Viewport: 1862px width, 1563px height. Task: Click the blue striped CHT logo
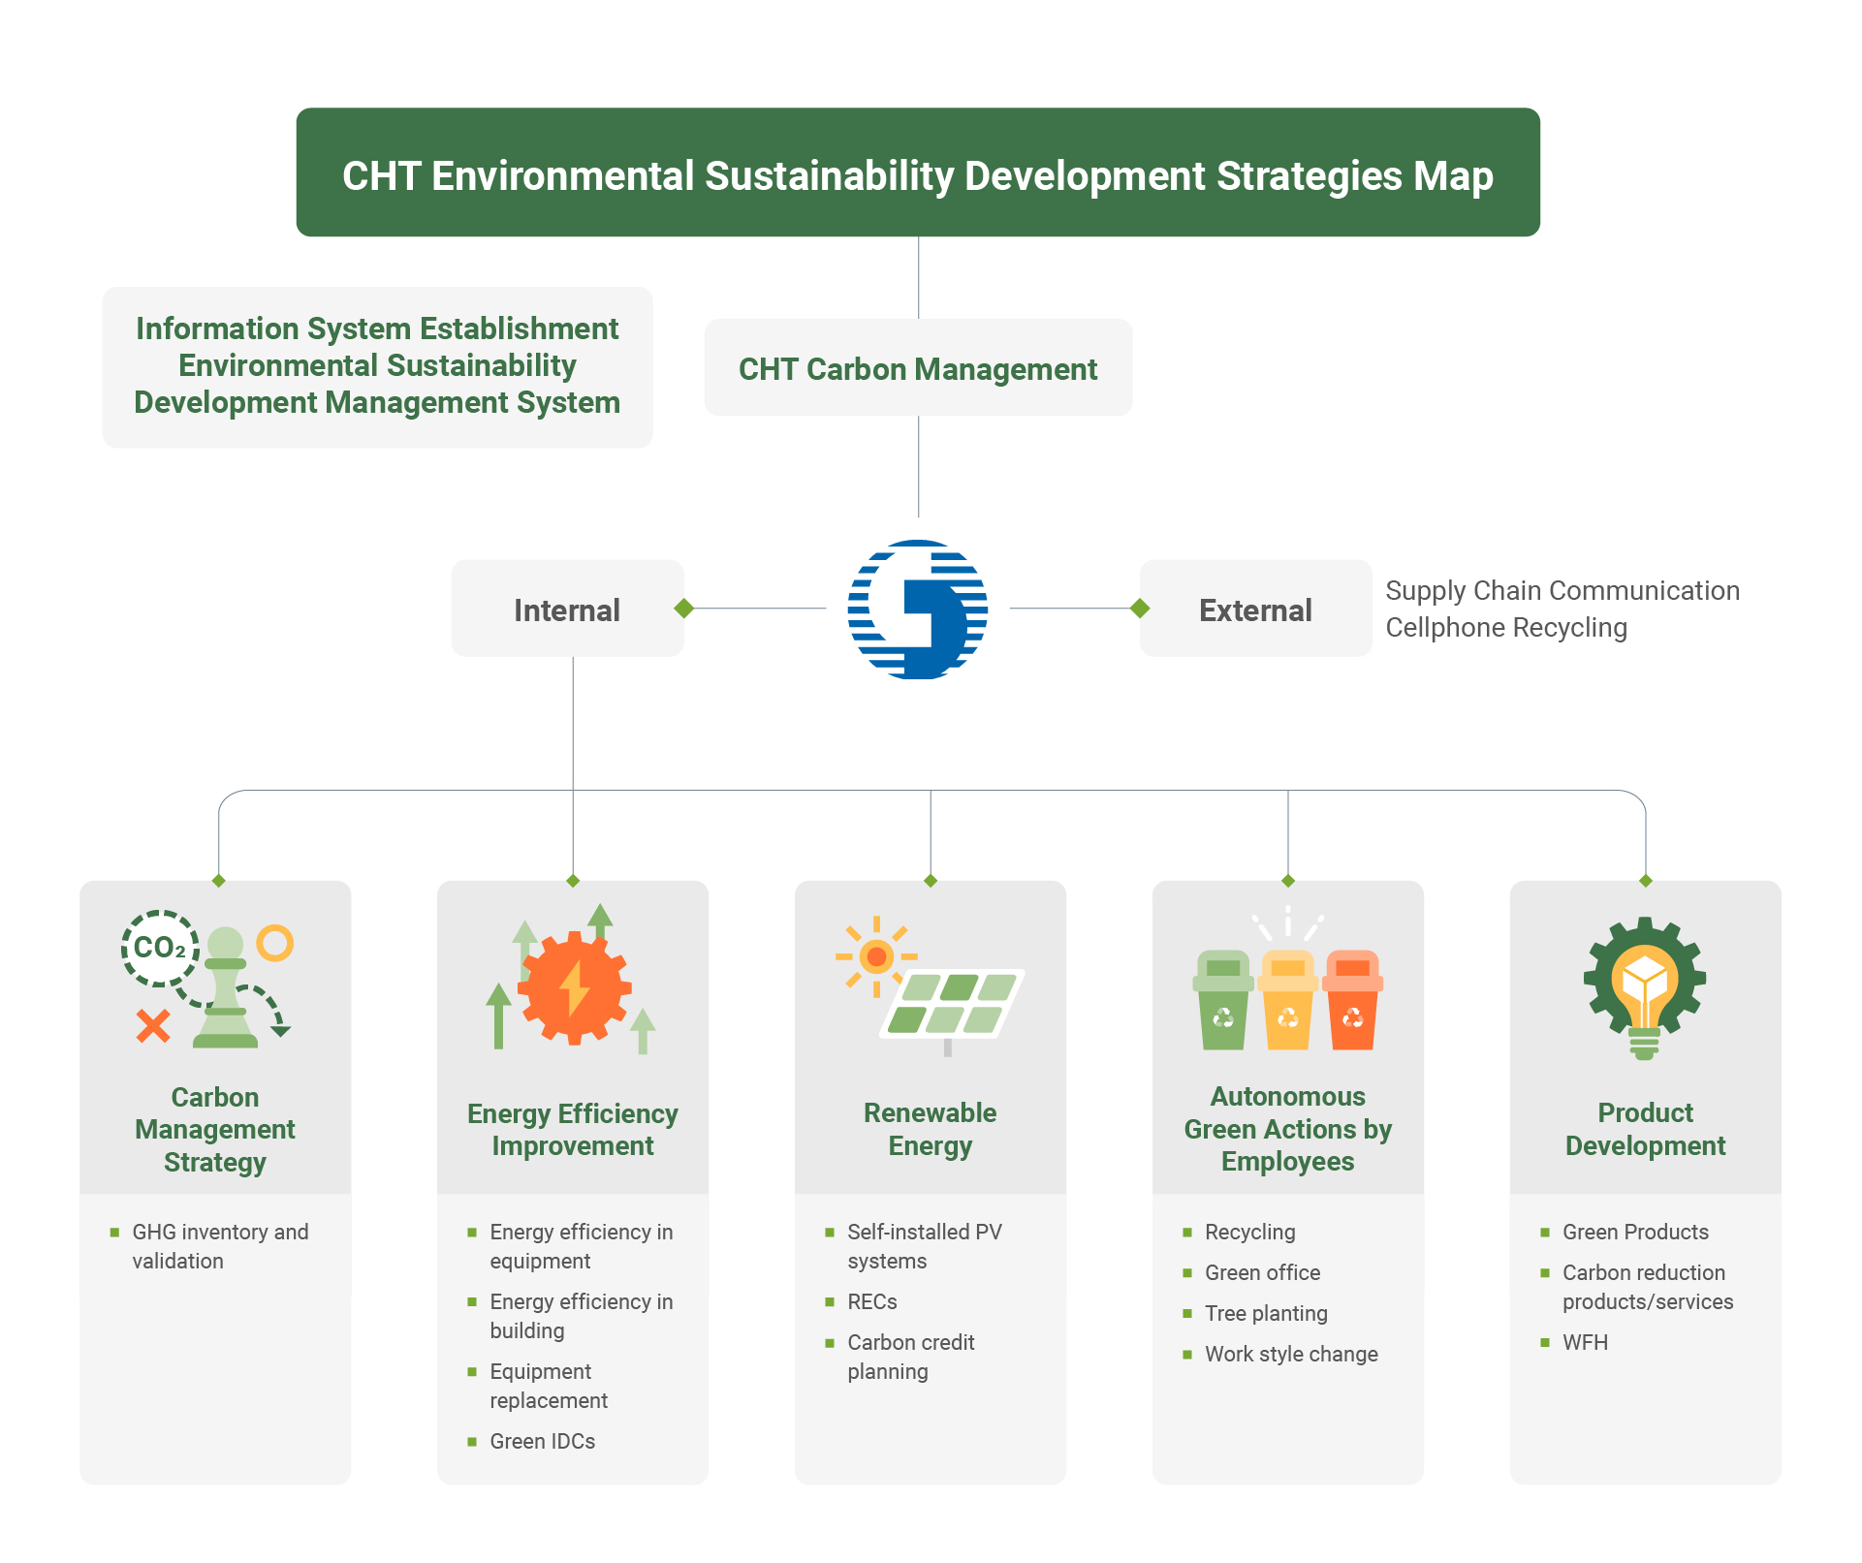(x=917, y=610)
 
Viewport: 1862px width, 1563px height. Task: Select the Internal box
(x=567, y=609)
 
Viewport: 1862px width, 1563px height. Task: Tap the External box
(x=1255, y=609)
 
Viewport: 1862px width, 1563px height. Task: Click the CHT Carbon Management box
(x=918, y=368)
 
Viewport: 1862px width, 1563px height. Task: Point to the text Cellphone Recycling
(x=1506, y=628)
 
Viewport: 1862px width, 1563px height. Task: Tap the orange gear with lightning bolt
(x=574, y=987)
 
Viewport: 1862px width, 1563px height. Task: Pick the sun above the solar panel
(x=876, y=957)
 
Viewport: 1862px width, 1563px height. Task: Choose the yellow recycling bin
(x=1287, y=1000)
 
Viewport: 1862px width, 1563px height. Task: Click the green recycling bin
(x=1223, y=1000)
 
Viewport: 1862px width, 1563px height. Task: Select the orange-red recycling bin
(x=1352, y=1000)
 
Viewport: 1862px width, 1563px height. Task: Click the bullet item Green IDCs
(x=531, y=1442)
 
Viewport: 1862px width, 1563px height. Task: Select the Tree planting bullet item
(x=1255, y=1314)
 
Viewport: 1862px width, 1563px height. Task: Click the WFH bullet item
(x=1574, y=1343)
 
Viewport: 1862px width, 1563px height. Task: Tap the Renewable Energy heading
(x=930, y=1129)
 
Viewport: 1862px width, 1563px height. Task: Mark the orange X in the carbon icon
(x=153, y=1025)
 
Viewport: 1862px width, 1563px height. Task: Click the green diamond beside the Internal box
(x=684, y=609)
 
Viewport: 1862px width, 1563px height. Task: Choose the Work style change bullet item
(x=1280, y=1355)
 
